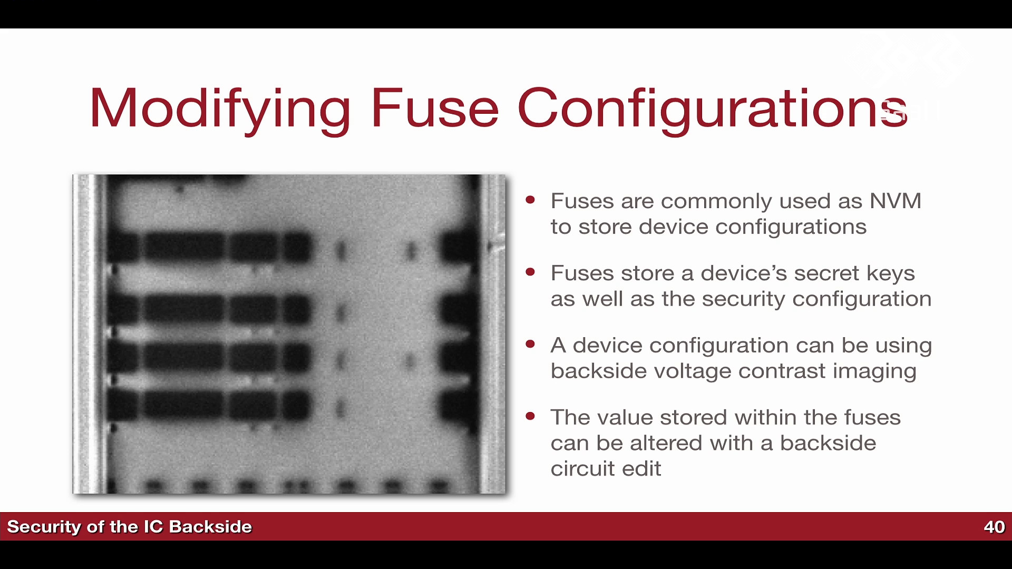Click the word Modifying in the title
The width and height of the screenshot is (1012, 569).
220,109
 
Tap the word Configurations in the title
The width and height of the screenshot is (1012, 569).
713,109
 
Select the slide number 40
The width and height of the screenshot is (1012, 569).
994,527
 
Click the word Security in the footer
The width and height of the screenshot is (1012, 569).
44,527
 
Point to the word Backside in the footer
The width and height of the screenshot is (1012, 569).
210,527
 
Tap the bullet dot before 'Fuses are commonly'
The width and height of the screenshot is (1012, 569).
530,200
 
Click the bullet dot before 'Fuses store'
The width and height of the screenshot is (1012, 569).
530,272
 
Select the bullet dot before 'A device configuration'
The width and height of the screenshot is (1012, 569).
530,344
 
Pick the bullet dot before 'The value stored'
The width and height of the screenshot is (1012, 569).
530,416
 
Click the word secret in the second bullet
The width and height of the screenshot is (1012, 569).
827,274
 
